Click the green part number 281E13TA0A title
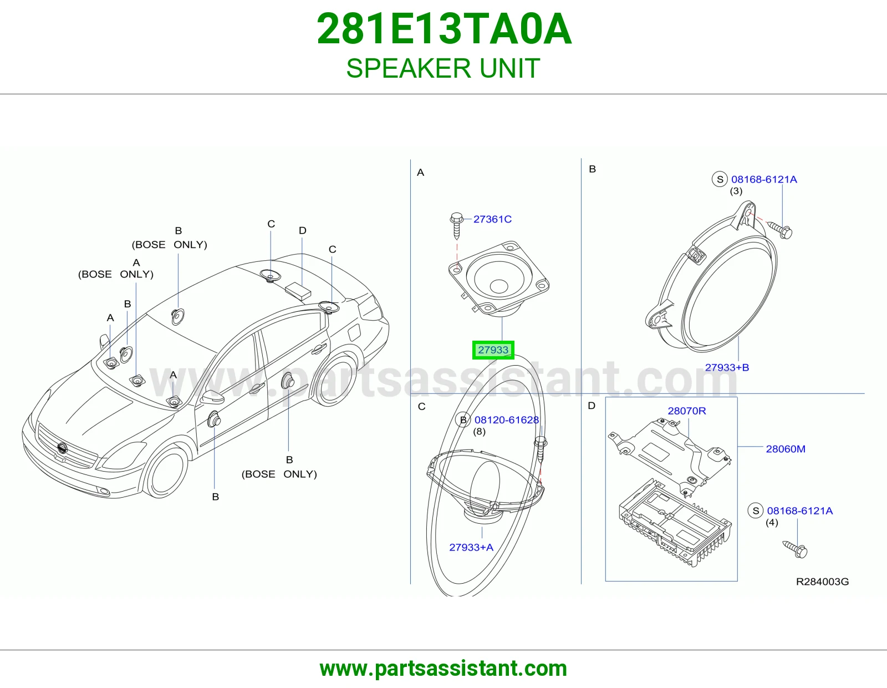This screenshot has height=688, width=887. [x=443, y=29]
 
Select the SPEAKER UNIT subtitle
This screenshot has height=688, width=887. [x=443, y=68]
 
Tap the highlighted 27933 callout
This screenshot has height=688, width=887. [x=493, y=350]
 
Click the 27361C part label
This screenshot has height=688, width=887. [x=492, y=219]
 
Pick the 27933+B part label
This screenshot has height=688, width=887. [x=727, y=368]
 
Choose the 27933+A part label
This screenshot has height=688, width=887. [x=471, y=548]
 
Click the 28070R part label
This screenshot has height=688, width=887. [x=686, y=411]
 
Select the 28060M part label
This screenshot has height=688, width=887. [x=786, y=449]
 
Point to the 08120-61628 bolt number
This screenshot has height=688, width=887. [x=507, y=420]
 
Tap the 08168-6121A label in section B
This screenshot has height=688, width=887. [x=764, y=179]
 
